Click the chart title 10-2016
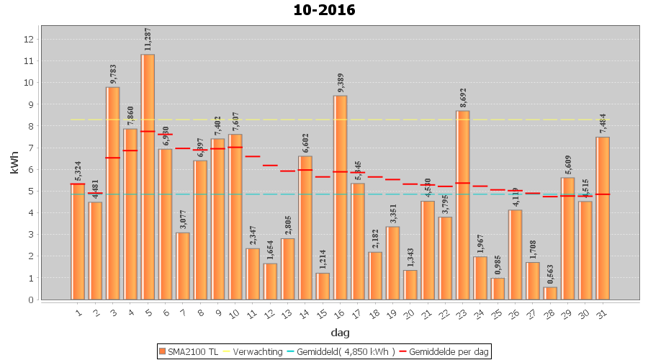(324, 10)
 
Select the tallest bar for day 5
(148, 176)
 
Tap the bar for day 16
(340, 197)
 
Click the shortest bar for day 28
(550, 293)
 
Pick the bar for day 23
(462, 205)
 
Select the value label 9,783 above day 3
(113, 74)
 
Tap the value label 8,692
(462, 98)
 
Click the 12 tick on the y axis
(29, 40)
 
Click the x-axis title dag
(340, 333)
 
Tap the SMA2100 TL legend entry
(189, 351)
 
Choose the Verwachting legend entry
(253, 351)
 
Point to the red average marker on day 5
(148, 132)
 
